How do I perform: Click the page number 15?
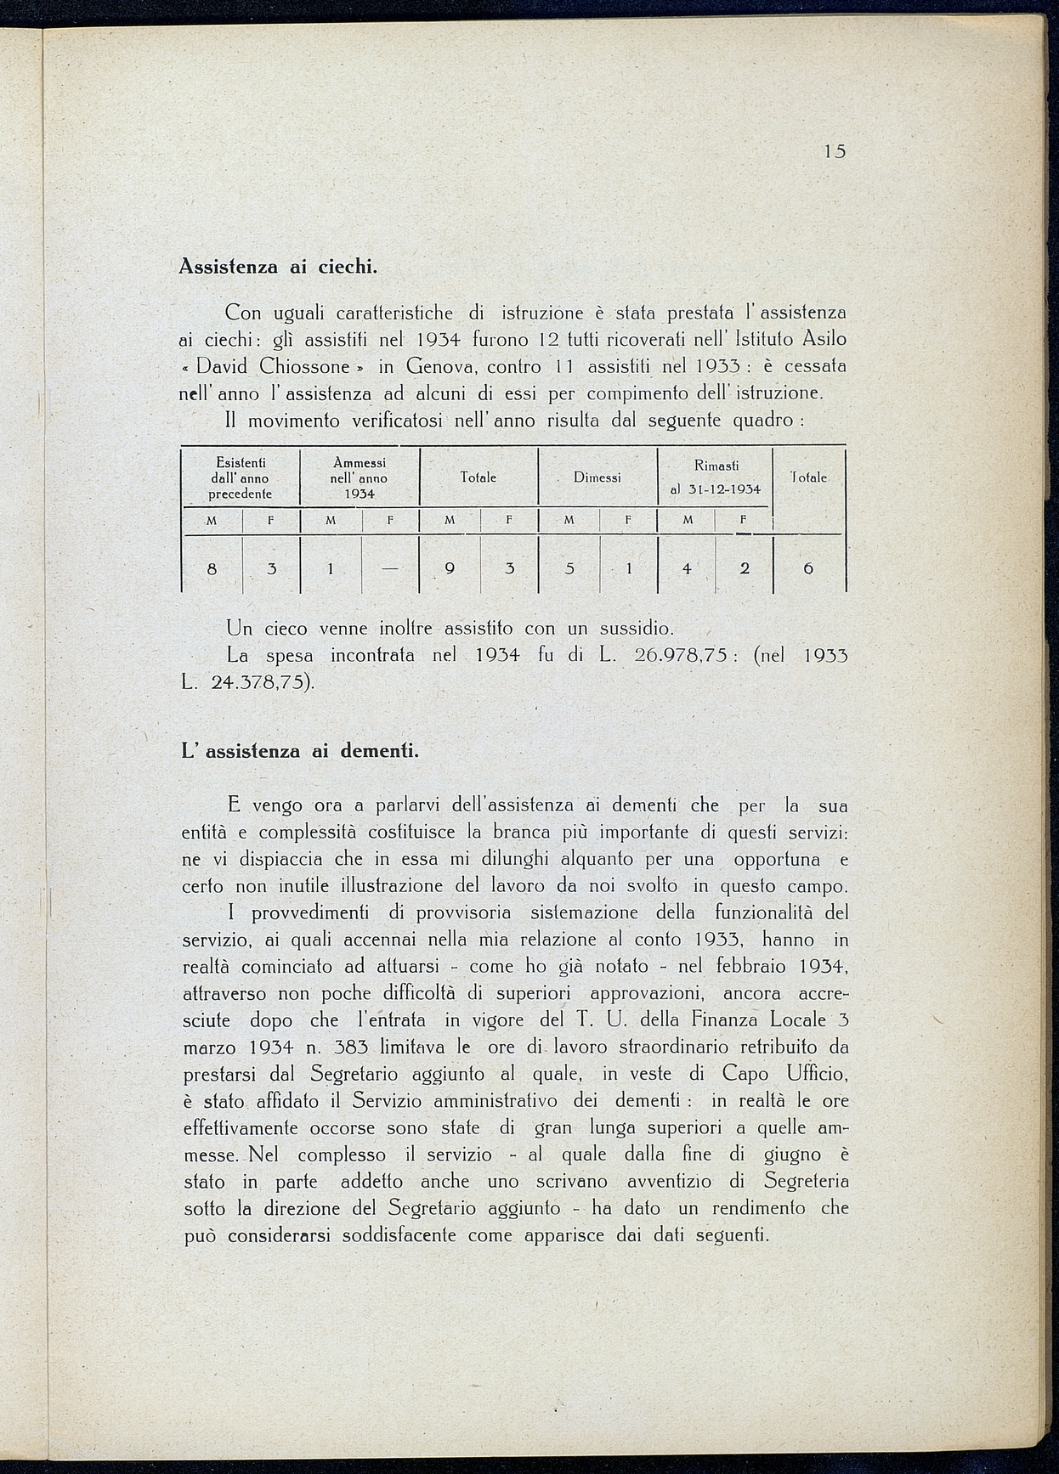tap(835, 152)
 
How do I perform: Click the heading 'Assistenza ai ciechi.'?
tap(278, 267)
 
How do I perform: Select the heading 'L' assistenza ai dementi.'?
tap(301, 751)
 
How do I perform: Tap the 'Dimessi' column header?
tap(597, 477)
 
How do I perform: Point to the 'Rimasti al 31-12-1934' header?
tap(716, 477)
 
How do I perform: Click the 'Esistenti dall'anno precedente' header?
tap(241, 477)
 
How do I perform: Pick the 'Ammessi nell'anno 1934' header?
tap(360, 477)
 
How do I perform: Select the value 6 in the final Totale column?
tap(808, 569)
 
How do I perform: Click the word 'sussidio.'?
tap(637, 629)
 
